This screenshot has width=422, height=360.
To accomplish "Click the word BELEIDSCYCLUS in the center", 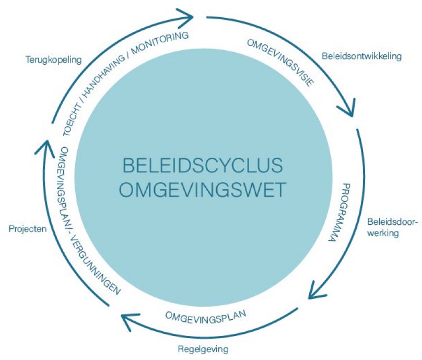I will click(x=203, y=166).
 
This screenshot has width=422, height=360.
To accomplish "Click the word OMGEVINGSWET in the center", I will click(x=203, y=189).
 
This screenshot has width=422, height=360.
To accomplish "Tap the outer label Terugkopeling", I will click(x=54, y=60).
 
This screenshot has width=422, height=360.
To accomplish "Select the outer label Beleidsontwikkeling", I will click(x=361, y=56).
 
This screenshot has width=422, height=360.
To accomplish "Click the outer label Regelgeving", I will click(x=201, y=348).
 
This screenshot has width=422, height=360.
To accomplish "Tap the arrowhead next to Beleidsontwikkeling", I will click(x=346, y=110).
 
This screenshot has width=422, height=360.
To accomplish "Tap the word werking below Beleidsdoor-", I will click(x=382, y=233).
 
